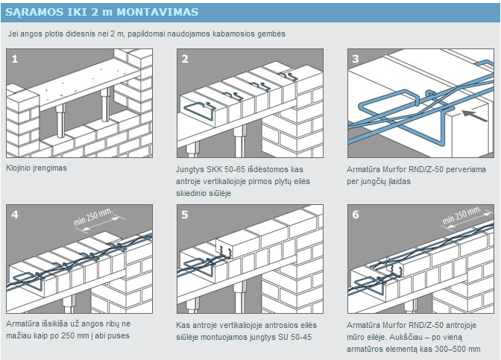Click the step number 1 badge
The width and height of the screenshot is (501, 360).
coord(16,58)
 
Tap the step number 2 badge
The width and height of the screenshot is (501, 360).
coord(185,58)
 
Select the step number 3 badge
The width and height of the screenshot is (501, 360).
coord(355,58)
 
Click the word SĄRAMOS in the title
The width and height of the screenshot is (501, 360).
coord(36,13)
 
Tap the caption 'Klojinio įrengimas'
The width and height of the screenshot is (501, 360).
coord(37,168)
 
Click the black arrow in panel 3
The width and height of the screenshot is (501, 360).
coord(468,114)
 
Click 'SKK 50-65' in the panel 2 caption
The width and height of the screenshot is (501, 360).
coord(227,169)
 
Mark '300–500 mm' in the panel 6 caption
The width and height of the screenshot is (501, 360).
coord(457,349)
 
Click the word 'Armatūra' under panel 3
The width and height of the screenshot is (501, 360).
coord(365,169)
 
